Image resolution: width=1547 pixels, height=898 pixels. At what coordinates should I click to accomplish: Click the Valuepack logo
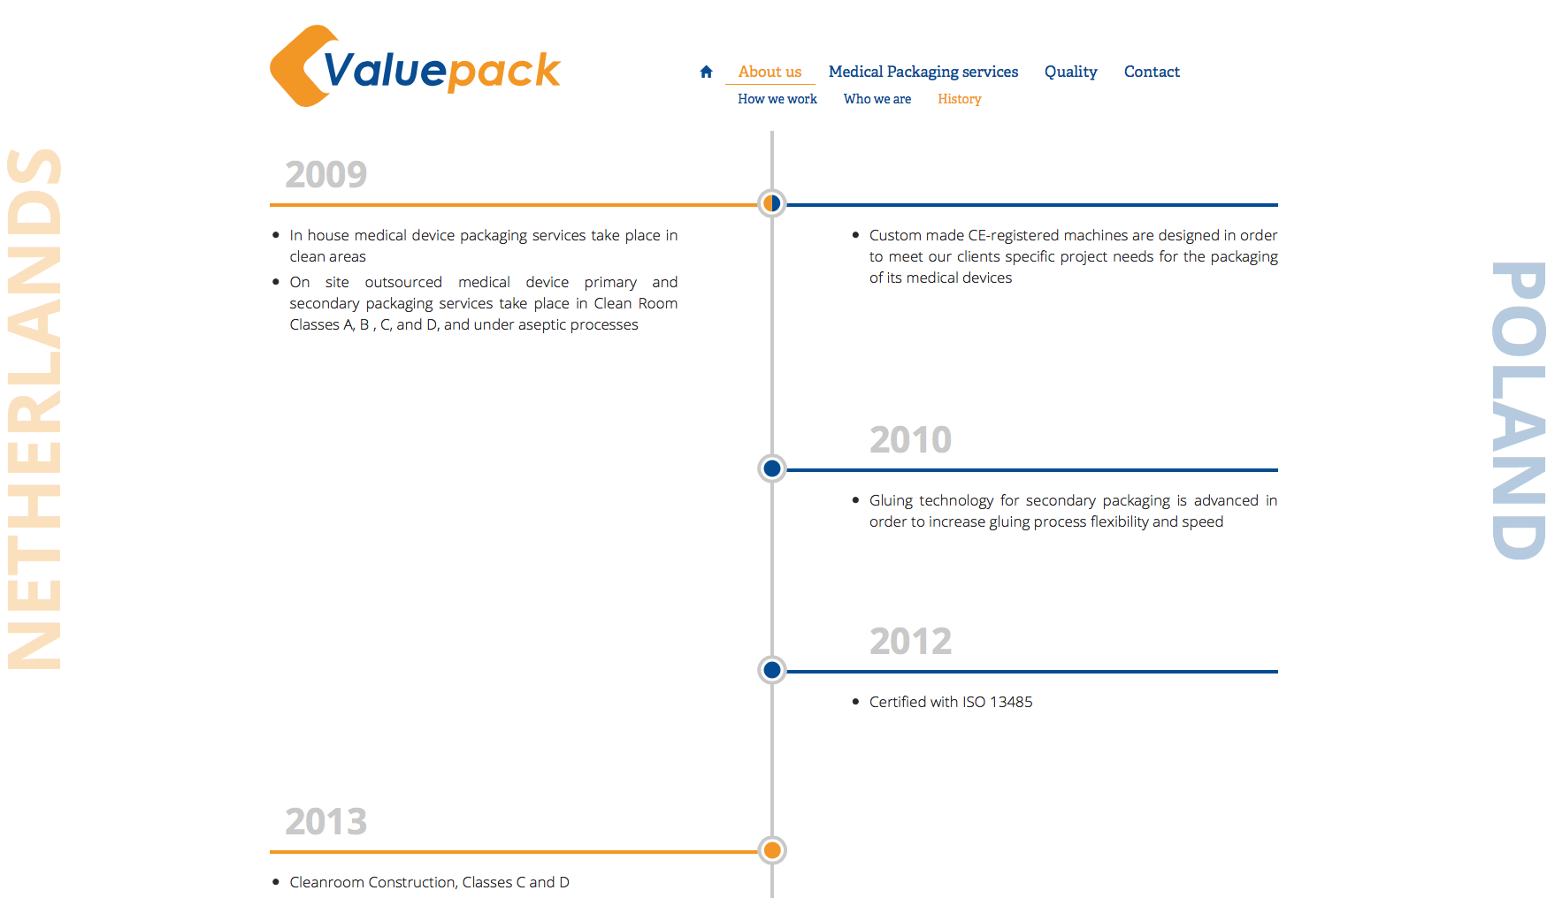415,66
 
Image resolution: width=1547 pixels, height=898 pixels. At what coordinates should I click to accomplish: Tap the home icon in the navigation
706,72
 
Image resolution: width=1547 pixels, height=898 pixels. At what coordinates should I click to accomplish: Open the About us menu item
770,72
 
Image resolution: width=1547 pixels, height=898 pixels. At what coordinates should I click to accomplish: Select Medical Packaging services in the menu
923,72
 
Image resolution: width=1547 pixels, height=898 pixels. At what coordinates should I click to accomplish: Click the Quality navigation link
1070,72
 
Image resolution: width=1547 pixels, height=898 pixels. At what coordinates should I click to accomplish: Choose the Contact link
1152,72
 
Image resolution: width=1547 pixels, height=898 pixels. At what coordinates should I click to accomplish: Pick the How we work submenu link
777,99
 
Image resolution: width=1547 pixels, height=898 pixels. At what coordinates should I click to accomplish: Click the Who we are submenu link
877,99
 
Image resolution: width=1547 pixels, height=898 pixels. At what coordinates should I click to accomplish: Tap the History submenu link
960,99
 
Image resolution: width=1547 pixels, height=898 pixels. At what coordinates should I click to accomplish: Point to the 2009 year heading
325,174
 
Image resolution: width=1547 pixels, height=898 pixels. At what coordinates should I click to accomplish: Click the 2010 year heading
910,439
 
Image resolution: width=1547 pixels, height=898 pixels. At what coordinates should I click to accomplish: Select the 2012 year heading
910,641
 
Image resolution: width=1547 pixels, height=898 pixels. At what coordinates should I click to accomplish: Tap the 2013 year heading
325,821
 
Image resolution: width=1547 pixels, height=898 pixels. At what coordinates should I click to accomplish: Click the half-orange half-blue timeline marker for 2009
772,203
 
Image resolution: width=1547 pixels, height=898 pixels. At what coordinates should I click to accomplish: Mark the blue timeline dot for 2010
772,468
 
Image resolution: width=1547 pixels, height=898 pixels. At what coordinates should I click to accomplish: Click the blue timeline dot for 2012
772,670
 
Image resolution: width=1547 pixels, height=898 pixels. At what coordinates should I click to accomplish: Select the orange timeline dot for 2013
772,850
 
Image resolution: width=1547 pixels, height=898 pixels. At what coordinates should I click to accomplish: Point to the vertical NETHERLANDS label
34,408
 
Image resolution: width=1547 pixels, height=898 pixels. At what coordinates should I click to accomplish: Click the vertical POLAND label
1518,410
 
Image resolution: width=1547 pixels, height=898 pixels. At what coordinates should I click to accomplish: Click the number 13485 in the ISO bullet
1011,702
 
